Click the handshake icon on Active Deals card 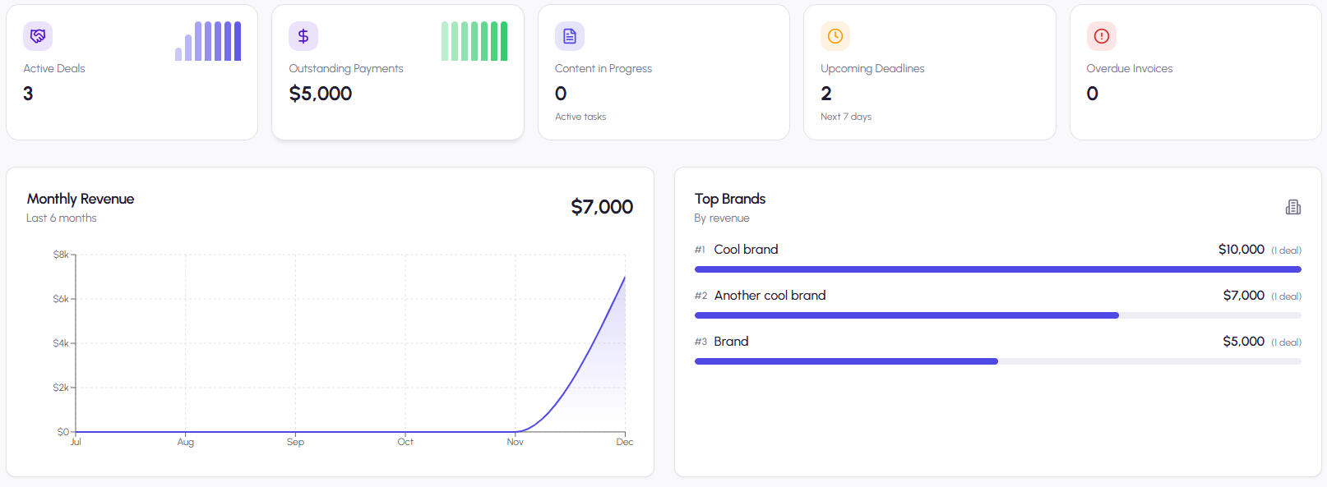coord(38,36)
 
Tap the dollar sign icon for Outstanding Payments coord(303,36)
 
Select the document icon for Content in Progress coord(569,36)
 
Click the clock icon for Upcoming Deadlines coord(835,36)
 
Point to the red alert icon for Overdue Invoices coord(1101,36)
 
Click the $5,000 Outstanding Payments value coord(320,94)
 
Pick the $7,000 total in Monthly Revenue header coord(602,207)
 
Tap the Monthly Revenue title coord(81,199)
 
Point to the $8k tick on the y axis coord(62,255)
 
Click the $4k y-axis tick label coord(62,343)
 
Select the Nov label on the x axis coord(515,442)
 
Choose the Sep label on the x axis coord(295,442)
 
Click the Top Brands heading coord(729,199)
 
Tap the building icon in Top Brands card coord(1292,207)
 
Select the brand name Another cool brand coord(770,296)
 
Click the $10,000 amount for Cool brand coord(1241,250)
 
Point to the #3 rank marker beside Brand coord(700,342)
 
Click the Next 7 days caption coord(845,117)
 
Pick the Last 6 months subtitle coord(62,218)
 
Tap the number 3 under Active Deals coord(28,94)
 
